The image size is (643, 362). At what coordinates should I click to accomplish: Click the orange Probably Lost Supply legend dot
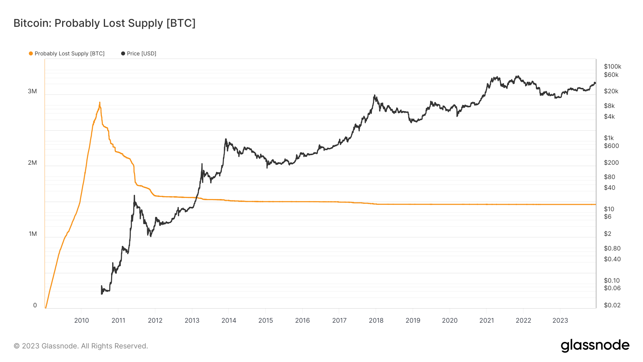31,54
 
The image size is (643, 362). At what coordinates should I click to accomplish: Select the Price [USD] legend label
141,54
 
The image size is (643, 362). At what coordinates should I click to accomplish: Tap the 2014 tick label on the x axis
229,321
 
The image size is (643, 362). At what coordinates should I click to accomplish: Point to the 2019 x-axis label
413,321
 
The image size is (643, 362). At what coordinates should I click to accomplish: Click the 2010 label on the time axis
81,321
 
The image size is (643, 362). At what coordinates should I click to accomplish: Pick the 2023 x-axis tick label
560,321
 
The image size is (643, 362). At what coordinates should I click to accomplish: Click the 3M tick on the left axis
32,91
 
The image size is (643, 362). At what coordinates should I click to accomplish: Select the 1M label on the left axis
33,234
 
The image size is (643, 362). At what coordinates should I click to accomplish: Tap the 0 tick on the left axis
35,306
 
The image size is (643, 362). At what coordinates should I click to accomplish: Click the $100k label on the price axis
612,66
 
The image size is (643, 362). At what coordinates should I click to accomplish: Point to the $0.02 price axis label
612,305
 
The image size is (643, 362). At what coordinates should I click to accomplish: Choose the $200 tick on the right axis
611,163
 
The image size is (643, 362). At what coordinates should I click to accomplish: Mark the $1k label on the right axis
609,138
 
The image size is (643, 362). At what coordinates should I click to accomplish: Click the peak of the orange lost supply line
100,103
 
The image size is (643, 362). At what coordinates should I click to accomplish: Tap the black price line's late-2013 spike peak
226,139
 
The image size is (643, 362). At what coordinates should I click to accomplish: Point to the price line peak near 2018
374,95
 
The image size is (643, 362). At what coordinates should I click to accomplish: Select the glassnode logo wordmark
595,346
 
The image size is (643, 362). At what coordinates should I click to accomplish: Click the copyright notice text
81,346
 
